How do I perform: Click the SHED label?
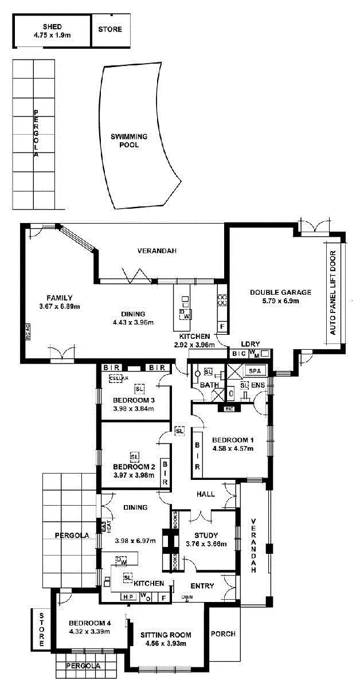coord(52,26)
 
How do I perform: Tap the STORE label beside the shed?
coord(109,29)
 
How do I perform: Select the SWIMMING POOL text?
coord(129,140)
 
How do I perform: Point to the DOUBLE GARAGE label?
coord(280,292)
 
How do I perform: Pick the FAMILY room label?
coord(60,298)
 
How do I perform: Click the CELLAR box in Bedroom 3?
coord(117,378)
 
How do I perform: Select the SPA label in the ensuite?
coord(255,372)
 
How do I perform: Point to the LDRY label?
coord(251,344)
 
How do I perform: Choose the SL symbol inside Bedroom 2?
coord(135,456)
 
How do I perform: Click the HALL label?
coord(205,494)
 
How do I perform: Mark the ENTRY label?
coord(201,586)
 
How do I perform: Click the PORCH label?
coord(223,634)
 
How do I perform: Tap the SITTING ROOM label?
coord(166,635)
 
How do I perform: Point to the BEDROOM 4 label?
coord(89,623)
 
